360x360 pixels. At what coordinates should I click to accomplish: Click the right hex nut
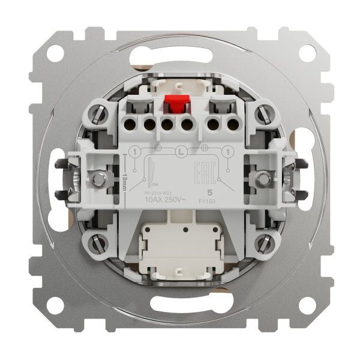pyautogui.click(x=262, y=178)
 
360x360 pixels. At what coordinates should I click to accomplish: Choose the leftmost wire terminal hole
pyautogui.click(x=128, y=125)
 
